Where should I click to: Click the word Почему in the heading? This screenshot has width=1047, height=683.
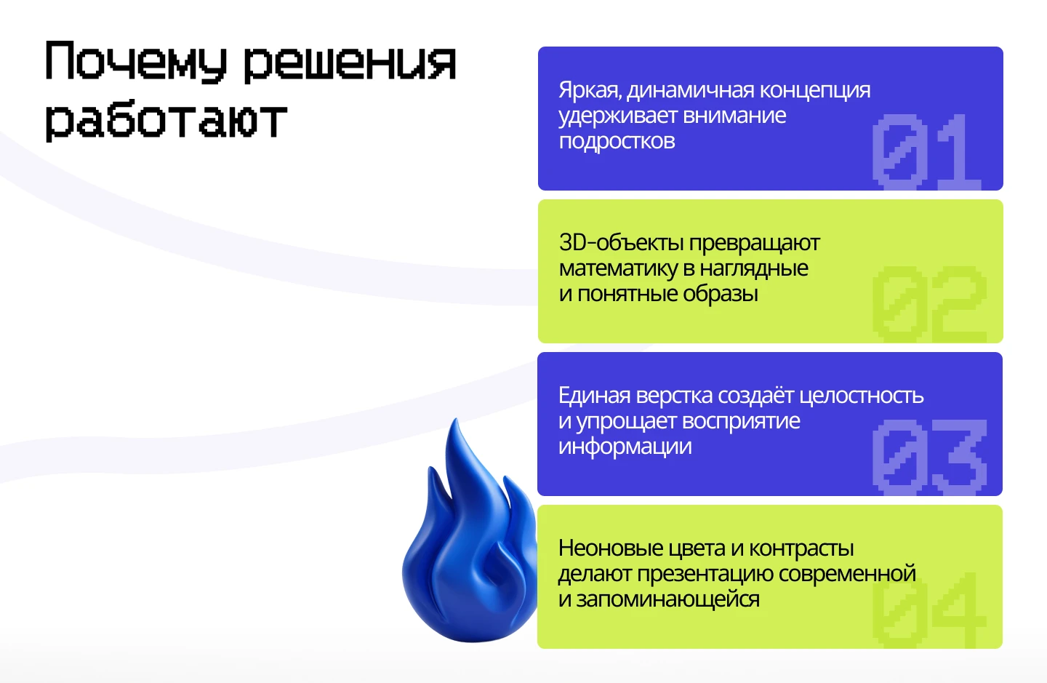[135, 61]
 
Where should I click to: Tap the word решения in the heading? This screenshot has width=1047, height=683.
[349, 63]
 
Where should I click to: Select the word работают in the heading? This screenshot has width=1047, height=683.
[166, 121]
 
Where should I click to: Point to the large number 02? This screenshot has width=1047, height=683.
[929, 304]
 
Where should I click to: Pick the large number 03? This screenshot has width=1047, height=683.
[929, 457]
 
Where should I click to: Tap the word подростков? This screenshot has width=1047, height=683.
[617, 141]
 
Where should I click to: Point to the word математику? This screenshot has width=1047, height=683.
[617, 268]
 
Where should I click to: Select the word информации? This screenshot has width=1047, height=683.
[625, 447]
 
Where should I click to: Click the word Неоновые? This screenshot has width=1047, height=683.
[611, 548]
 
